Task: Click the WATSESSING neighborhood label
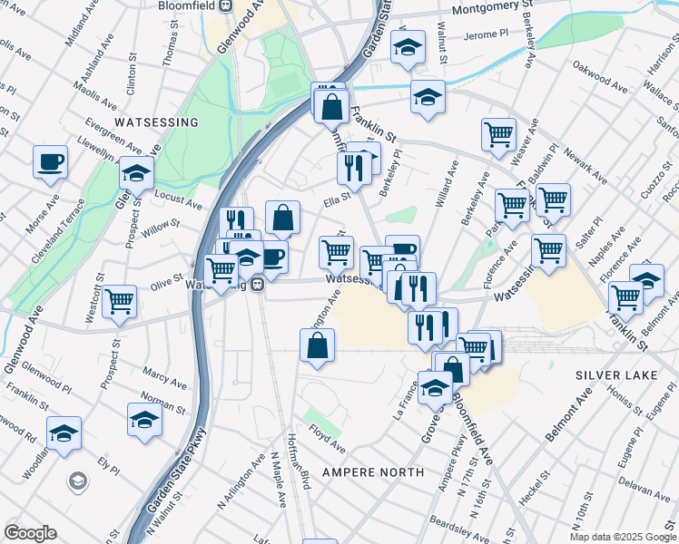coord(156,121)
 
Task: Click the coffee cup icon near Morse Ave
coord(50,162)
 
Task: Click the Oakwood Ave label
coord(600,78)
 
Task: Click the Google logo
coord(30,533)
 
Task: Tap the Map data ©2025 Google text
coord(624,537)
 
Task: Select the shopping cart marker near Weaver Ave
coord(498,134)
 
